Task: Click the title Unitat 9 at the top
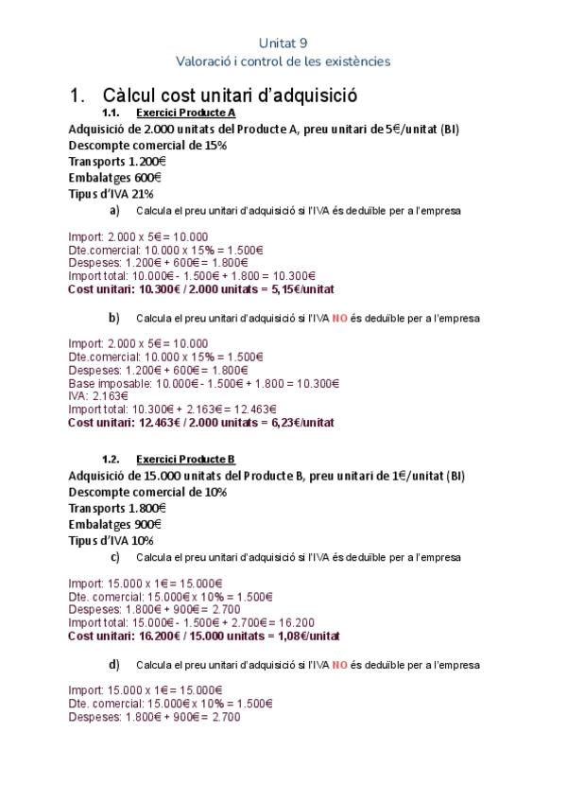point(283,43)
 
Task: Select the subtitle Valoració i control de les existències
point(283,61)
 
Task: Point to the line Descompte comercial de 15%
point(147,145)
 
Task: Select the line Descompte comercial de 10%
point(147,492)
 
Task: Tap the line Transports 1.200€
point(117,161)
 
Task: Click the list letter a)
point(114,210)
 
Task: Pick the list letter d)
point(114,664)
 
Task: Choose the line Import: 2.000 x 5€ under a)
point(138,236)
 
